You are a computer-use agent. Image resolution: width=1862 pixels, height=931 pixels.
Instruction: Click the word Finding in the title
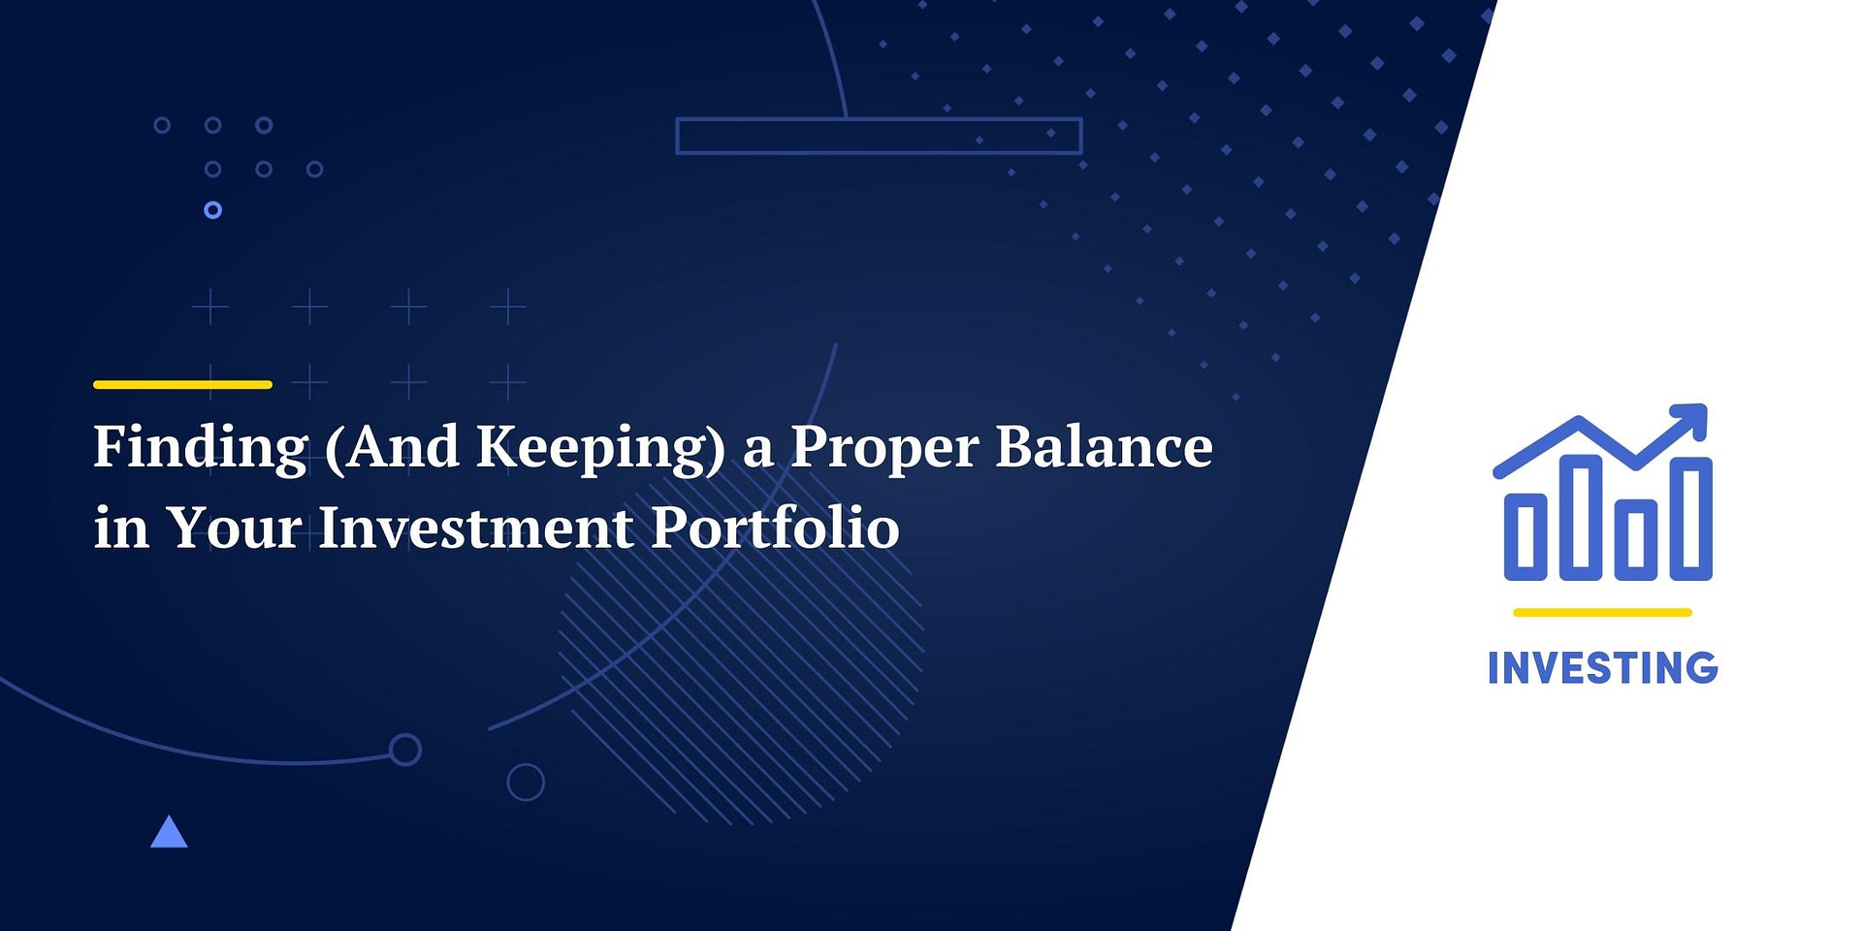201,448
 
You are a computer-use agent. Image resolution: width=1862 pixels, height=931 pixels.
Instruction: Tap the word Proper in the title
884,448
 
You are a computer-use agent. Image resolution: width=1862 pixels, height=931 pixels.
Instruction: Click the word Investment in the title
475,529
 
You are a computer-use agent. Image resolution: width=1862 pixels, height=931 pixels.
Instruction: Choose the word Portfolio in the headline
775,529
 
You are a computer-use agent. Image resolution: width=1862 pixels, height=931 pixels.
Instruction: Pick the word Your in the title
234,529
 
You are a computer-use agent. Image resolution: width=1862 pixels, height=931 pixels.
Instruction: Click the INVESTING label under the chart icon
1602,668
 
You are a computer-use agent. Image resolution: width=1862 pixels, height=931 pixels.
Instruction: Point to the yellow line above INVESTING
1602,613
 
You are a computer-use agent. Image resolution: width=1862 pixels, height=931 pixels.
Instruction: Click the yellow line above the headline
182,385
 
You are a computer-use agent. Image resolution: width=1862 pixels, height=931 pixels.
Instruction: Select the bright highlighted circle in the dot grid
213,209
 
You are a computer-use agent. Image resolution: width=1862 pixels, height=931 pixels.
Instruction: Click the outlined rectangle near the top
879,136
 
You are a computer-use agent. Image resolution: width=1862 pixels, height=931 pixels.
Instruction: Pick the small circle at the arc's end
405,750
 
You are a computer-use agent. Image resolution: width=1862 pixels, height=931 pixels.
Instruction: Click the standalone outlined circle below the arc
526,782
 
